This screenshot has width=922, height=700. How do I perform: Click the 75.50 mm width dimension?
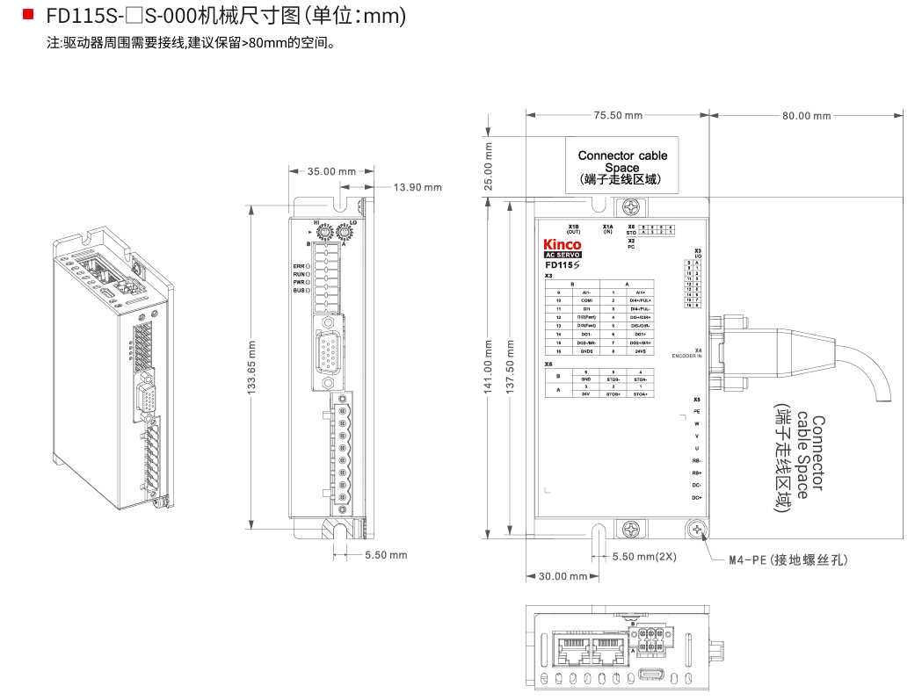tap(617, 115)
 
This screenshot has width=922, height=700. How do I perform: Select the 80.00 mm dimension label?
tap(806, 115)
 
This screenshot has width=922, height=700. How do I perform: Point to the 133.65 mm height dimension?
tap(251, 368)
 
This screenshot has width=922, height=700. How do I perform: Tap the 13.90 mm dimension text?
tap(417, 187)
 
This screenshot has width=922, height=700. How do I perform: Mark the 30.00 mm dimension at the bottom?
tap(563, 576)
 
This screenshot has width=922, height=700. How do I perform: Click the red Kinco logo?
tap(563, 244)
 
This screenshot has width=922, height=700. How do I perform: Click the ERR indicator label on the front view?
tap(299, 265)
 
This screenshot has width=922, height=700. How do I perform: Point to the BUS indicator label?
tap(299, 290)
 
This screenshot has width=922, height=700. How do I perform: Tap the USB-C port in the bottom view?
tap(653, 674)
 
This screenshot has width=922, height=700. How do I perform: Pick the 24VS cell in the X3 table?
tap(640, 351)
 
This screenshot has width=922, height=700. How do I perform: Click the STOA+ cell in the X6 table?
tap(640, 394)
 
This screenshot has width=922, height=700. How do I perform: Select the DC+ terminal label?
tap(696, 498)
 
